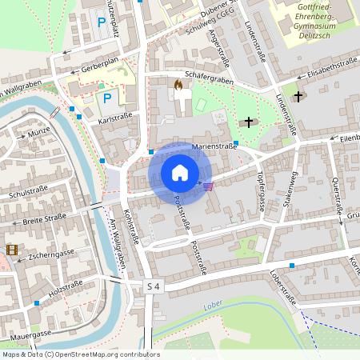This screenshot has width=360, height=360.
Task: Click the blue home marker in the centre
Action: click(180, 172)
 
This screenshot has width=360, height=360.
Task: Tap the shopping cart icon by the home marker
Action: click(209, 186)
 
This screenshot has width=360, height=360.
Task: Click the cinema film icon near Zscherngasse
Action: click(11, 250)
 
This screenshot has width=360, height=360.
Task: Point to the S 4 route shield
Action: click(154, 286)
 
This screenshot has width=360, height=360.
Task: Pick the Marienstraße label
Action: click(214, 146)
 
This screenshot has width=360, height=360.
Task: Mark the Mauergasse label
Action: click(31, 333)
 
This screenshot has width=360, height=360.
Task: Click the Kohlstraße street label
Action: click(132, 227)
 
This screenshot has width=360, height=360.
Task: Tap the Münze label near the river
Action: click(38, 134)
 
